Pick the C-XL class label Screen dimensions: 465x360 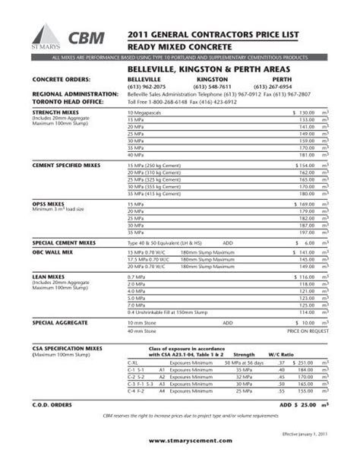133,362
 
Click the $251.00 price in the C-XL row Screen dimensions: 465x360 303,362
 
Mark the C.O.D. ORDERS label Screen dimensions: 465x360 51,404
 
